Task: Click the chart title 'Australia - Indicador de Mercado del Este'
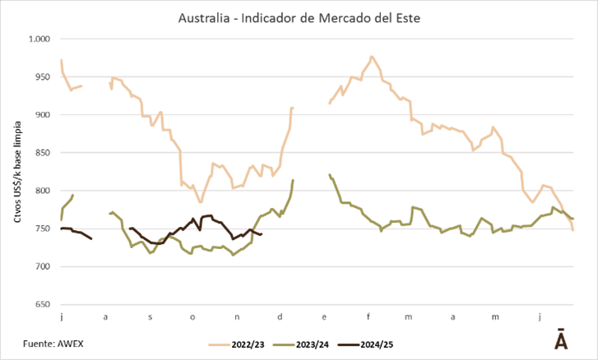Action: tap(299, 16)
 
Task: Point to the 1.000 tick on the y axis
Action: tap(39, 39)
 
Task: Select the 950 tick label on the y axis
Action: tap(41, 76)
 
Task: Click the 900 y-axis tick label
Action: tap(41, 115)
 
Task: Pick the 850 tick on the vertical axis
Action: tap(41, 153)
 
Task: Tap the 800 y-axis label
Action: tap(41, 191)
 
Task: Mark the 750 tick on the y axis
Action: tap(41, 228)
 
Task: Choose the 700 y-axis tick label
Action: tap(41, 267)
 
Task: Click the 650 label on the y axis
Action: tap(41, 305)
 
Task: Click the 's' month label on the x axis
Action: tap(150, 316)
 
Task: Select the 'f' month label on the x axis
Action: tap(369, 316)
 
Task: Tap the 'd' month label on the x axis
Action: tap(281, 316)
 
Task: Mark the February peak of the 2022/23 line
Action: tap(372, 57)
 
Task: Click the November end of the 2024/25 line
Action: tap(261, 234)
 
